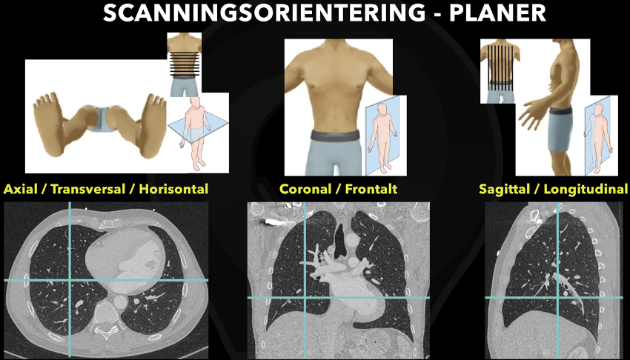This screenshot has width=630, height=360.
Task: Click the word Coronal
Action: [x=305, y=189]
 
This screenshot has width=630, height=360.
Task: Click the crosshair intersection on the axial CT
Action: [x=69, y=279]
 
